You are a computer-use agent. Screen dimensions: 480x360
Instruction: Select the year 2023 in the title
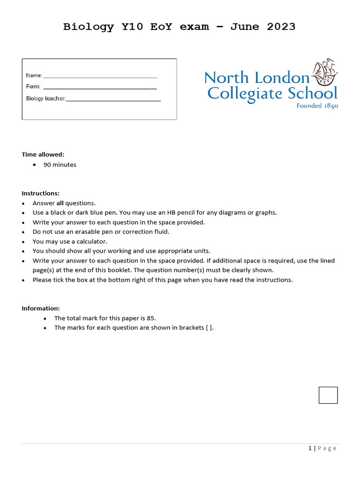click(281, 27)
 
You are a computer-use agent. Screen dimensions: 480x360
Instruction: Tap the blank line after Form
click(99, 87)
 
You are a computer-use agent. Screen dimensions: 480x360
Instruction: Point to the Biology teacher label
click(45, 98)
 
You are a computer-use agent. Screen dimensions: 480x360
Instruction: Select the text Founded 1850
click(317, 106)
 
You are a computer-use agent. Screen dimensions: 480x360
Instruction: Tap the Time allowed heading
click(43, 155)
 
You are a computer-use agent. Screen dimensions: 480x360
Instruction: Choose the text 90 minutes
click(60, 165)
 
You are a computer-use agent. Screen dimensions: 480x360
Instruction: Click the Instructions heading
click(40, 193)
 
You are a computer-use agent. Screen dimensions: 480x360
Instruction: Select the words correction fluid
click(146, 232)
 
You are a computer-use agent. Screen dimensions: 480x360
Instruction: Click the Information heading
click(41, 308)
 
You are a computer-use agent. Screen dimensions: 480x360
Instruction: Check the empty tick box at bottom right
click(328, 395)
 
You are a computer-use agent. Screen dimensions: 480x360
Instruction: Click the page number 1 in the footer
click(310, 449)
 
